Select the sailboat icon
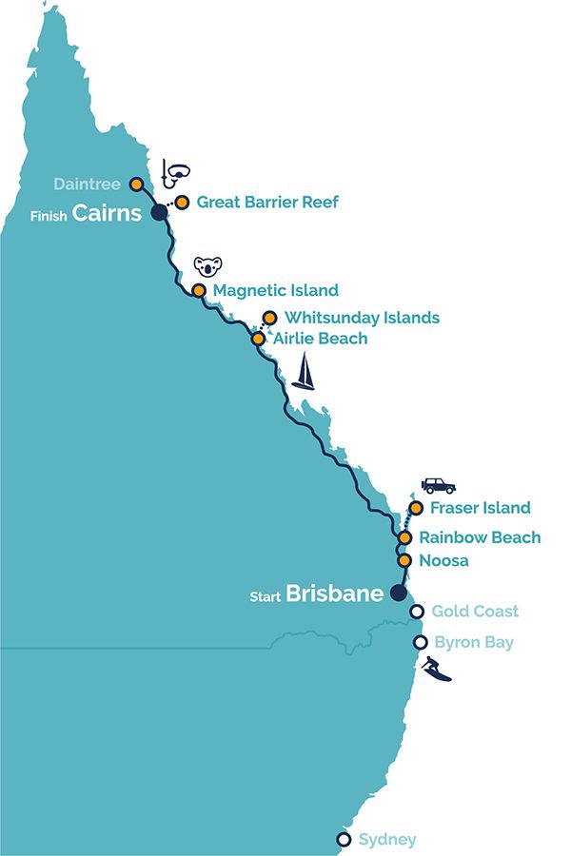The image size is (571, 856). (x=303, y=372)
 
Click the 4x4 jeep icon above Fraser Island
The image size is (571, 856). (x=439, y=485)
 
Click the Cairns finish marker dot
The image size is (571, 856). (x=160, y=212)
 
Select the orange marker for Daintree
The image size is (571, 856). (x=136, y=184)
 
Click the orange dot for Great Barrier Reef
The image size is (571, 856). (x=181, y=202)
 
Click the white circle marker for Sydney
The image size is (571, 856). (x=344, y=839)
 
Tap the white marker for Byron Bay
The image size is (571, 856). (x=420, y=643)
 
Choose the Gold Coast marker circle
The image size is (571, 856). (x=416, y=612)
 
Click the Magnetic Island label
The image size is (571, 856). (x=276, y=290)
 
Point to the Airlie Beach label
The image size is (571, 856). (x=320, y=339)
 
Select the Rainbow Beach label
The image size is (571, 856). (x=480, y=537)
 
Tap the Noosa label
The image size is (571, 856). (x=443, y=561)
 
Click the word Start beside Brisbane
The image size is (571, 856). (x=266, y=596)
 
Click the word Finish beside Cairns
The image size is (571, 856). (x=49, y=216)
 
